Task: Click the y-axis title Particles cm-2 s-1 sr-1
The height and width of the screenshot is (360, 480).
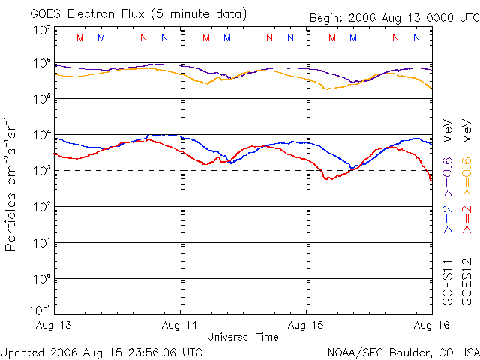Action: point(12,184)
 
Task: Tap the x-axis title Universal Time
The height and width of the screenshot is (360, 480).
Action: point(243,337)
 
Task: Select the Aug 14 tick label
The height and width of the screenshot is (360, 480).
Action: point(181,325)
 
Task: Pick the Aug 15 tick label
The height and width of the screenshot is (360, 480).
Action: point(306,325)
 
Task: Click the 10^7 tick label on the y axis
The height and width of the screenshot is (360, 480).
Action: point(41,30)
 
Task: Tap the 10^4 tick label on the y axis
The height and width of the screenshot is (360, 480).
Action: point(41,135)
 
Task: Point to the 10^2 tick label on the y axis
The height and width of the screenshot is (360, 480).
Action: point(41,206)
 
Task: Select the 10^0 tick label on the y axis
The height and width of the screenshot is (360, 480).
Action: point(41,278)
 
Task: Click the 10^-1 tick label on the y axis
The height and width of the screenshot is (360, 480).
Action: point(40,310)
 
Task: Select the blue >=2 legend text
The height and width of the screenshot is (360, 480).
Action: point(448,218)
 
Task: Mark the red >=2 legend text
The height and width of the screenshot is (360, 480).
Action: point(466,218)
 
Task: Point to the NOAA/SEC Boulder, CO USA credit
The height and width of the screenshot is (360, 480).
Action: point(403,352)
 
